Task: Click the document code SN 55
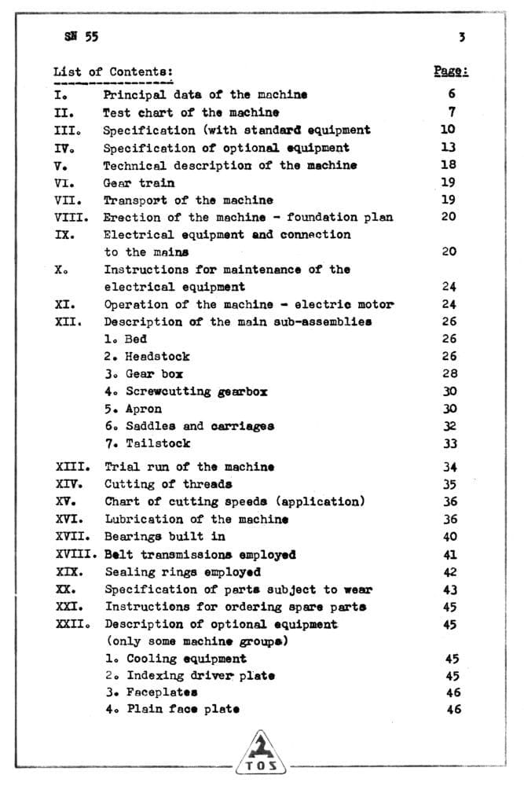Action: [76, 36]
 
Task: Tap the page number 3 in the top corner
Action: [462, 36]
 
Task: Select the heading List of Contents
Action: [113, 72]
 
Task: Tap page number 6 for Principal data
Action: [452, 94]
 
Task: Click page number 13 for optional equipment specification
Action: [448, 147]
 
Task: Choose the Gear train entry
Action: [139, 183]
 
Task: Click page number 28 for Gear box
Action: [449, 374]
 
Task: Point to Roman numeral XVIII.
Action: [77, 555]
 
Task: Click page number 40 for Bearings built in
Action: [449, 537]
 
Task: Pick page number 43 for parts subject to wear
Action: [449, 589]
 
